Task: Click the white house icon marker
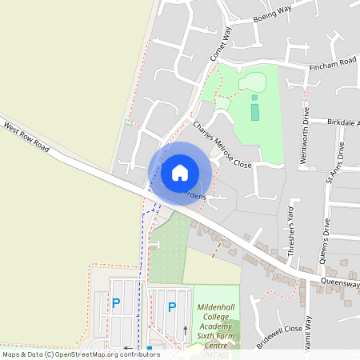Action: coord(180,173)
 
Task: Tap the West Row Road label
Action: coord(26,138)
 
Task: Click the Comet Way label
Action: coord(220,43)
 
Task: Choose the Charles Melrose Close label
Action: coord(222,144)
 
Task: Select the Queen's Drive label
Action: coord(326,239)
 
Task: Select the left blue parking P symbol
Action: coord(116,303)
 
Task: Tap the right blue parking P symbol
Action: coord(171,306)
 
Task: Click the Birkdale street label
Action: coord(344,122)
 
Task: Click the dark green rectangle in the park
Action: coord(255,110)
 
